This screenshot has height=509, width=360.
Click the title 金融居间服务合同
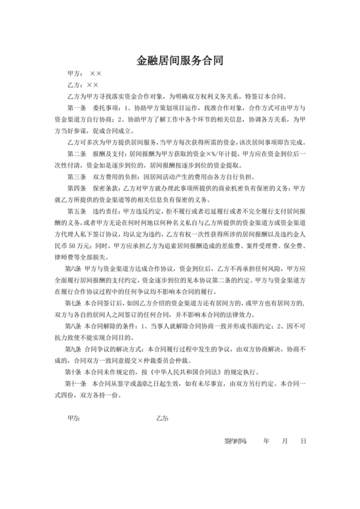pyautogui.click(x=180, y=61)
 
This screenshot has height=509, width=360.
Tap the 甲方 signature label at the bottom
pyautogui.click(x=73, y=418)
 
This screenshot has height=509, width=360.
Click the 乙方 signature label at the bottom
pyautogui.click(x=162, y=418)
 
